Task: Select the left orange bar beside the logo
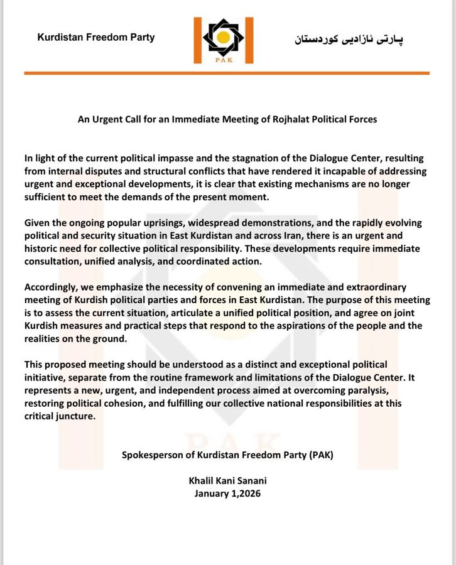(197, 40)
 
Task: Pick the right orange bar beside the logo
(249, 40)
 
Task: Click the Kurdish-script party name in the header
(349, 40)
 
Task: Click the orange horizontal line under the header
(227, 73)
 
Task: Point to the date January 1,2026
(227, 493)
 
